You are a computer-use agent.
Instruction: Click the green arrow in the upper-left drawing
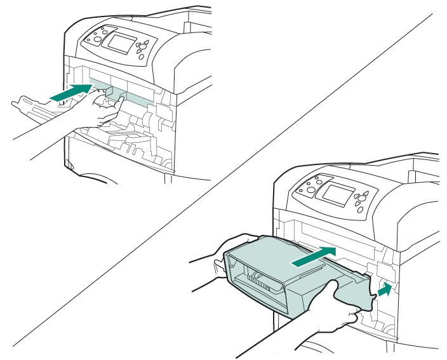click(x=70, y=92)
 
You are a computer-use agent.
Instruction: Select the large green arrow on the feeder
click(x=313, y=257)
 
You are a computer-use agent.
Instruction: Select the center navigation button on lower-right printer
click(x=360, y=197)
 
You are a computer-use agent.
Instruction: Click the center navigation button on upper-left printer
click(x=144, y=46)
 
